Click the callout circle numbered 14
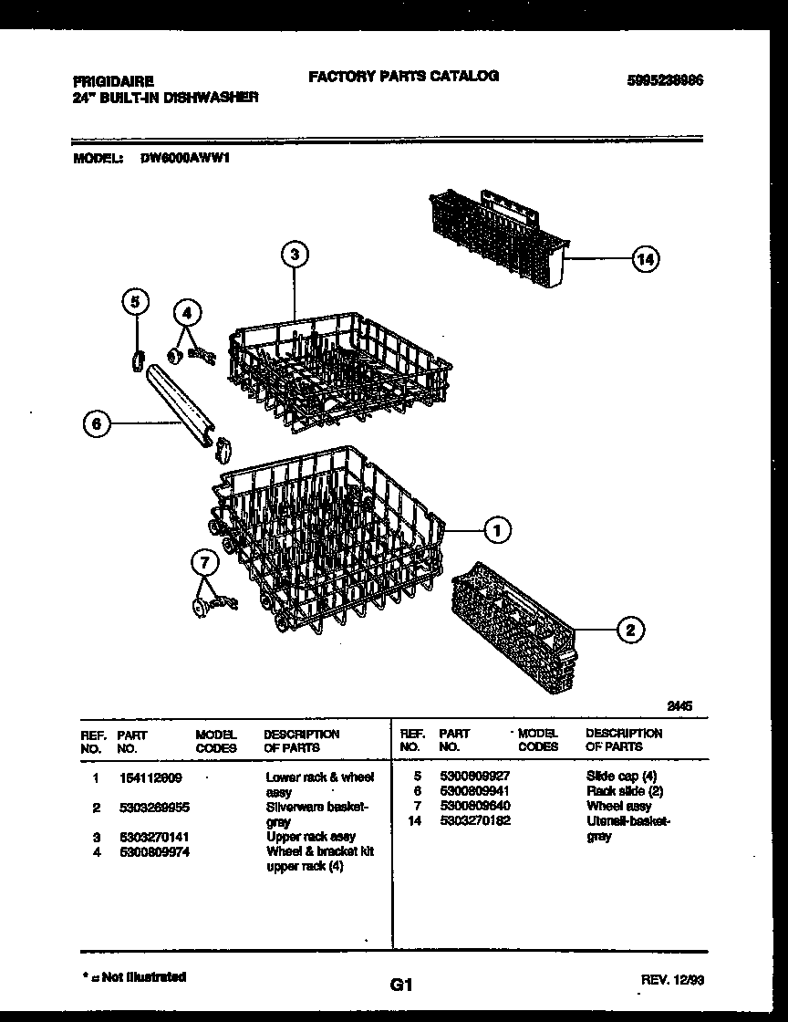point(645,260)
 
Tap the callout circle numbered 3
point(293,255)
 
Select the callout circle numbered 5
point(135,302)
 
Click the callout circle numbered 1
point(497,529)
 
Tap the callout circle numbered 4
point(187,313)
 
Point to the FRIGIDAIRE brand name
point(108,80)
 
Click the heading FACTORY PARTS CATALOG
point(403,77)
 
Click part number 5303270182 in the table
point(474,821)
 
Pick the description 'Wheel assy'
point(618,806)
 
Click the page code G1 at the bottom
point(401,985)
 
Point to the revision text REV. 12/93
point(672,979)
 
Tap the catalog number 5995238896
point(665,80)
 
